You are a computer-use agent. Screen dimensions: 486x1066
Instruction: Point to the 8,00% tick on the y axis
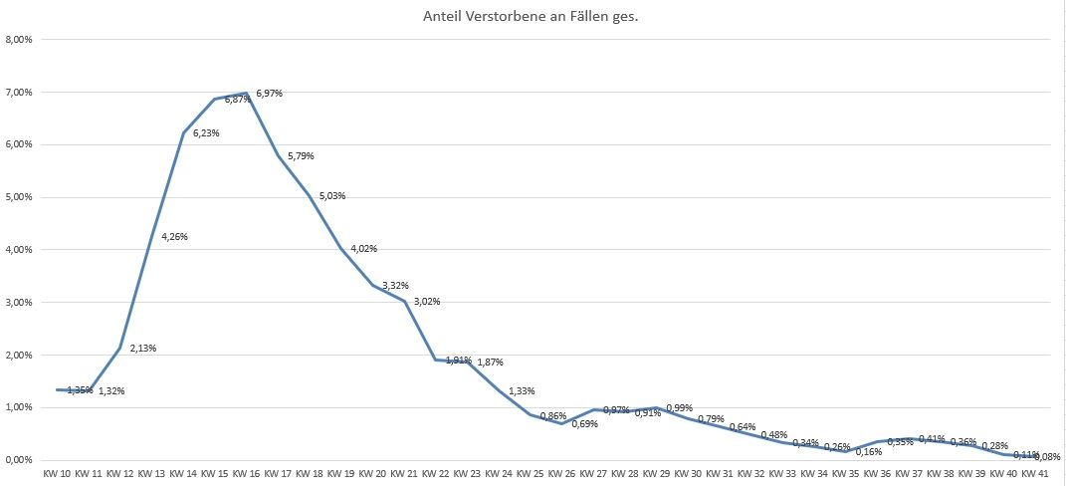[20, 40]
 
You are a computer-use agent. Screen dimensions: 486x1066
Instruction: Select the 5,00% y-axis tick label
[20, 197]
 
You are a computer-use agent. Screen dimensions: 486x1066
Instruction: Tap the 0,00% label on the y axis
[20, 460]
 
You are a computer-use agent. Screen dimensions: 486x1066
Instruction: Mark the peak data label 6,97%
[269, 94]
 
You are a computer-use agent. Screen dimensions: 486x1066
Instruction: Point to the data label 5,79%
[301, 156]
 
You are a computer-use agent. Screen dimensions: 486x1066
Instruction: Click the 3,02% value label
[426, 302]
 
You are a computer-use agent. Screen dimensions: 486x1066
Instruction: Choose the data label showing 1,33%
[522, 390]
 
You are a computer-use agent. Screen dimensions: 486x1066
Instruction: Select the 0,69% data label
[584, 424]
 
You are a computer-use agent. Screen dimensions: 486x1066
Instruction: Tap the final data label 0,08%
[1047, 457]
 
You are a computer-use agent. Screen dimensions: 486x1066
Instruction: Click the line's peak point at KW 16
[246, 94]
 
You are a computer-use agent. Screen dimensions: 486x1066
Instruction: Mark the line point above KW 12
[120, 349]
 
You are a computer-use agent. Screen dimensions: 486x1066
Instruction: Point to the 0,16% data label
[868, 451]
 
